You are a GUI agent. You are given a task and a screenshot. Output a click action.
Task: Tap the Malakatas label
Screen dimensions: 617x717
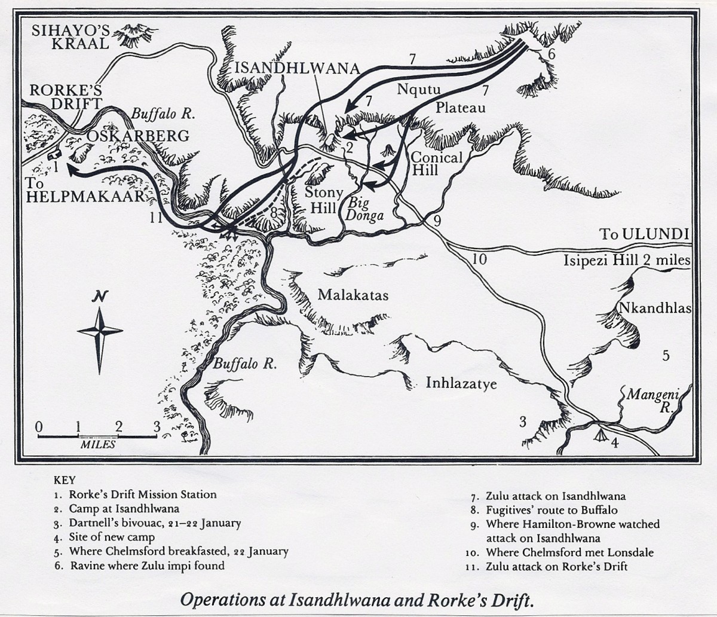point(353,295)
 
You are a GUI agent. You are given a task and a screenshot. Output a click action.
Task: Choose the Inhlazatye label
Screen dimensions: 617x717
point(461,382)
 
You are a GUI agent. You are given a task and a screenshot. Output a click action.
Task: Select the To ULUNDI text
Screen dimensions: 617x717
point(645,234)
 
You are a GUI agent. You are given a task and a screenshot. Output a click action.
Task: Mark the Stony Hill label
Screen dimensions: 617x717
point(323,200)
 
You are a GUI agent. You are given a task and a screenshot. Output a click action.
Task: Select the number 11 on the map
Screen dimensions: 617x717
point(156,218)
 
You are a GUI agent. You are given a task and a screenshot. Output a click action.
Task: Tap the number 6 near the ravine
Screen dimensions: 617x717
point(551,54)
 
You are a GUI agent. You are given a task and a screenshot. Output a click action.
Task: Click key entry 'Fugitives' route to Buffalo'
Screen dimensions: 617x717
point(552,510)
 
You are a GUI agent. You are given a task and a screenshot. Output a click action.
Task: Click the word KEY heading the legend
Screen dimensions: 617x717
point(65,479)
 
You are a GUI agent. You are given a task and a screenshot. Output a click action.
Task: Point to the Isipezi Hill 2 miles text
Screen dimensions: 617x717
point(627,261)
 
